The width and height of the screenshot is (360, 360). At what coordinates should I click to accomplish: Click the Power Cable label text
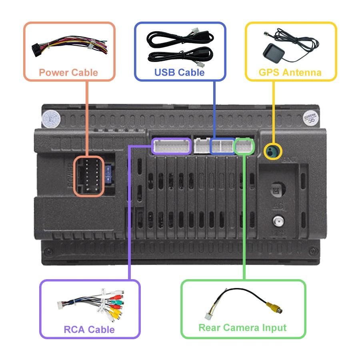click(68, 72)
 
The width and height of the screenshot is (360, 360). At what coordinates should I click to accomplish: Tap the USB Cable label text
click(180, 72)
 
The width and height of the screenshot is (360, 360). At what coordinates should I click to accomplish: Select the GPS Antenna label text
click(290, 72)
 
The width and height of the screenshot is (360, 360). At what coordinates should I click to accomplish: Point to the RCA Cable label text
click(89, 330)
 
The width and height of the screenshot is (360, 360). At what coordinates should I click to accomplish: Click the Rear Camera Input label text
click(242, 328)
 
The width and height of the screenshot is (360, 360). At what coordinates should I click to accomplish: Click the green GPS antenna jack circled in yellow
click(273, 152)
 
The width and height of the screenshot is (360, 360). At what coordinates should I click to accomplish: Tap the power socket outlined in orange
click(88, 176)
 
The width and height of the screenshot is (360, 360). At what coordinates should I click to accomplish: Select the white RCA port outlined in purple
click(172, 146)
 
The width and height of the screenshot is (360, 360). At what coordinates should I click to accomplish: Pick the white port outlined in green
click(244, 146)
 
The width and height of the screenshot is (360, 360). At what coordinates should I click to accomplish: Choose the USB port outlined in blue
click(222, 146)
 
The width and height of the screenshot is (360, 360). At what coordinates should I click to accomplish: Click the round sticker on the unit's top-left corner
click(51, 117)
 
